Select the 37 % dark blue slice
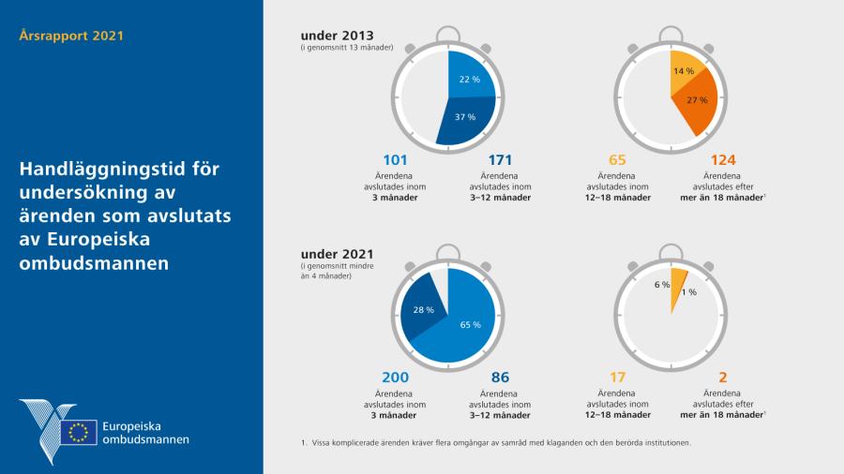click(x=464, y=119)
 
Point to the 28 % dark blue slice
click(x=423, y=309)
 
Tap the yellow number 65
click(x=618, y=160)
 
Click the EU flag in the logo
click(x=79, y=432)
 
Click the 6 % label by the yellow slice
click(x=662, y=285)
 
